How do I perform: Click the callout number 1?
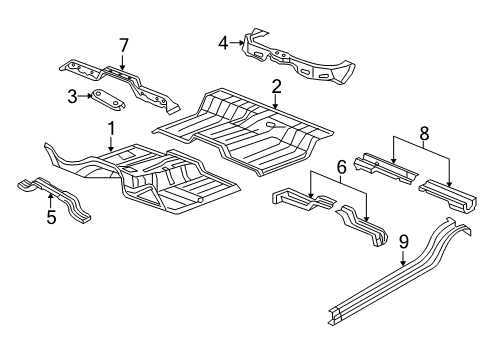pyautogui.click(x=112, y=129)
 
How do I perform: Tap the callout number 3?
pyautogui.click(x=73, y=96)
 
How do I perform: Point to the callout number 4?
pyautogui.click(x=224, y=42)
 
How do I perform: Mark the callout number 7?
pyautogui.click(x=124, y=45)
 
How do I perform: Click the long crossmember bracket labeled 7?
pyautogui.click(x=120, y=80)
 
